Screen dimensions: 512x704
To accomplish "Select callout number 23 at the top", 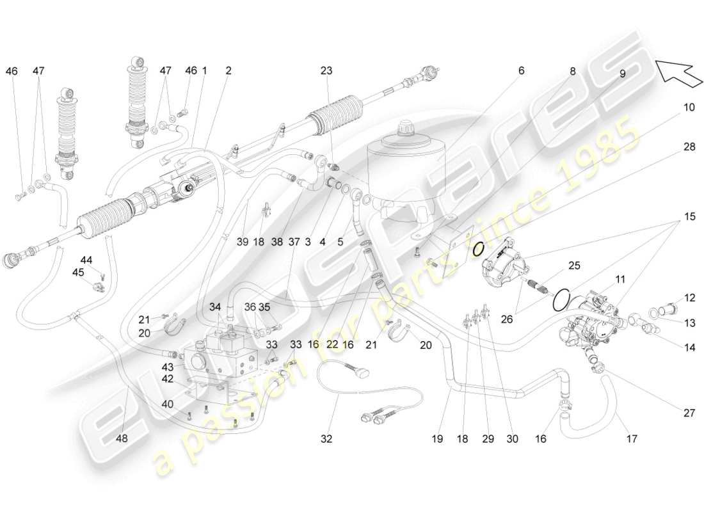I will (x=327, y=72).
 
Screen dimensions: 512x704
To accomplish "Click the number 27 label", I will (x=689, y=413).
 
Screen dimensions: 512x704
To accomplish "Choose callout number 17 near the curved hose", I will (x=632, y=439).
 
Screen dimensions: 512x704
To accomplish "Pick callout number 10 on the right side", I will (x=688, y=108).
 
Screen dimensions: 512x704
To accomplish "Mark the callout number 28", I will (x=689, y=147).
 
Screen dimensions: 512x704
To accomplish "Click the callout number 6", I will (x=521, y=71).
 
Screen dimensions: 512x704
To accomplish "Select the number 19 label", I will (x=438, y=439).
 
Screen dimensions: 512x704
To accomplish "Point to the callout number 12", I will (x=689, y=298).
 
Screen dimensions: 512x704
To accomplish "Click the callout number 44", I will (x=86, y=260).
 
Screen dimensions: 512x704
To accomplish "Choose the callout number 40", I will (x=167, y=404).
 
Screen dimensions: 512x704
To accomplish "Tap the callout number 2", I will (x=228, y=71).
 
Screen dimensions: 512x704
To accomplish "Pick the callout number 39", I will (x=242, y=242).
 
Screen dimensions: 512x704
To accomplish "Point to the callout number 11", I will (x=620, y=280).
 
